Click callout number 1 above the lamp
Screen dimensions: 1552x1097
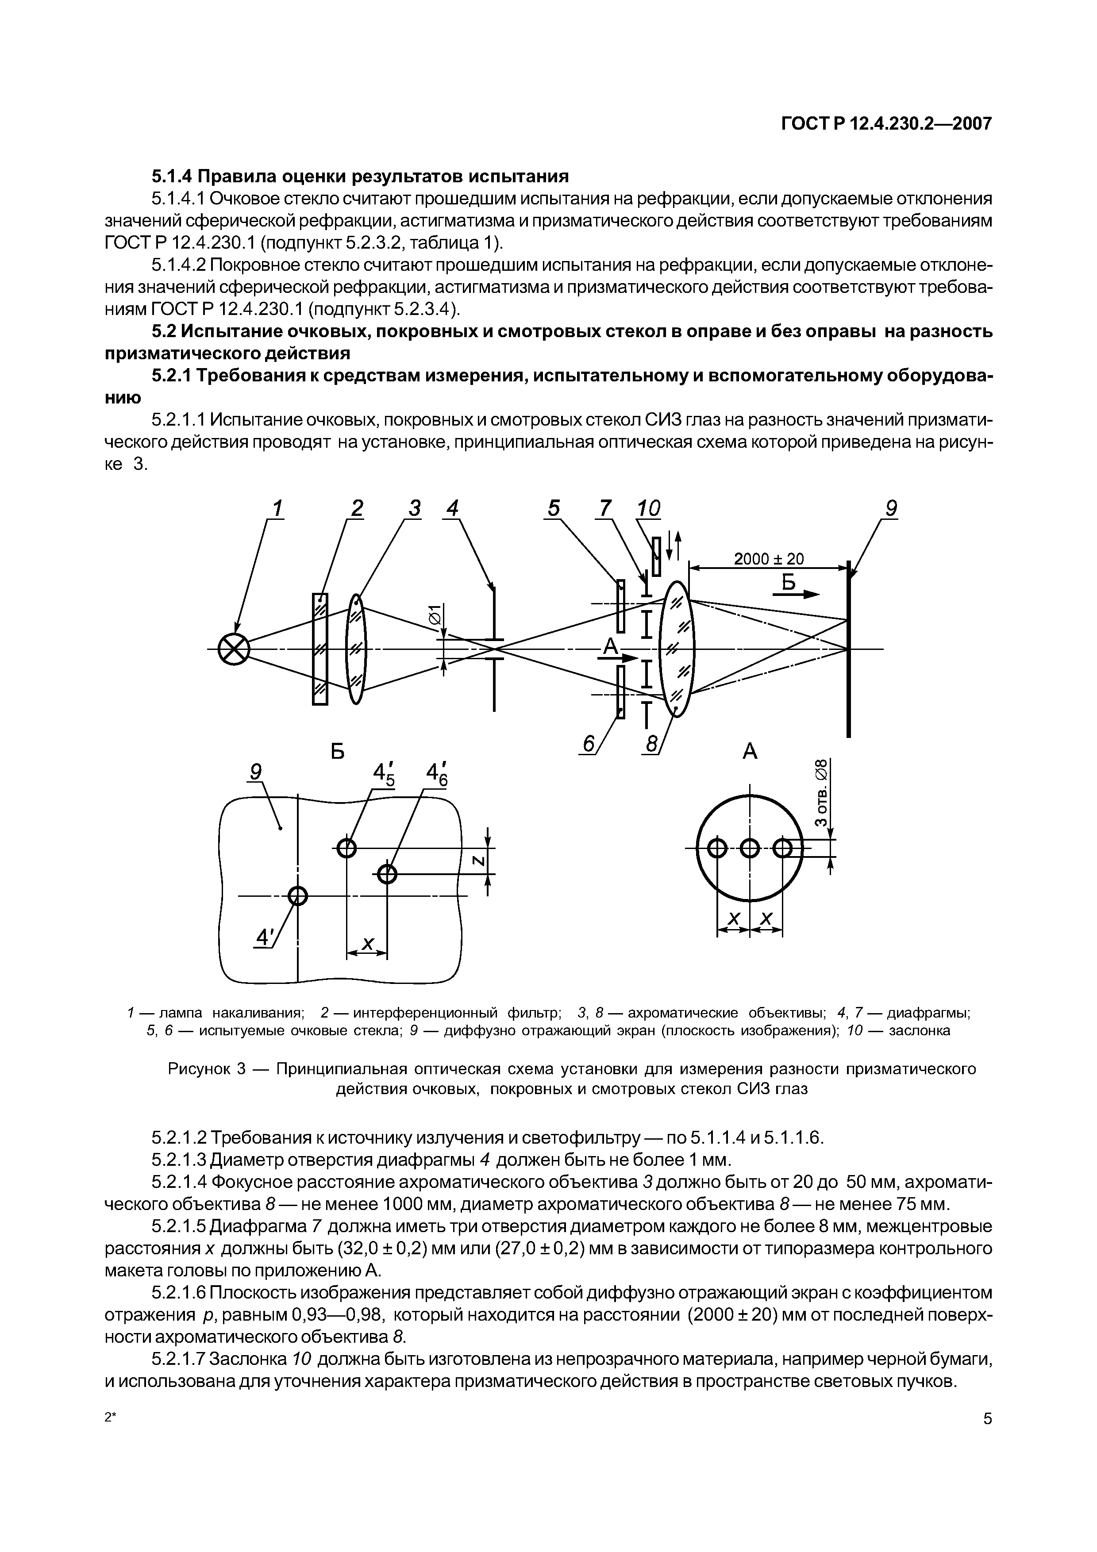click(277, 507)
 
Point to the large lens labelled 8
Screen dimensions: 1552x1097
click(677, 649)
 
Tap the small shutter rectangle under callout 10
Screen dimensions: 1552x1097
click(656, 555)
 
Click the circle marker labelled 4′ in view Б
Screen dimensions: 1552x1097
click(297, 896)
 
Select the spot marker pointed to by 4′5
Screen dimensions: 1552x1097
click(346, 848)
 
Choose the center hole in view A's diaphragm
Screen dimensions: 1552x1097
click(750, 848)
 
